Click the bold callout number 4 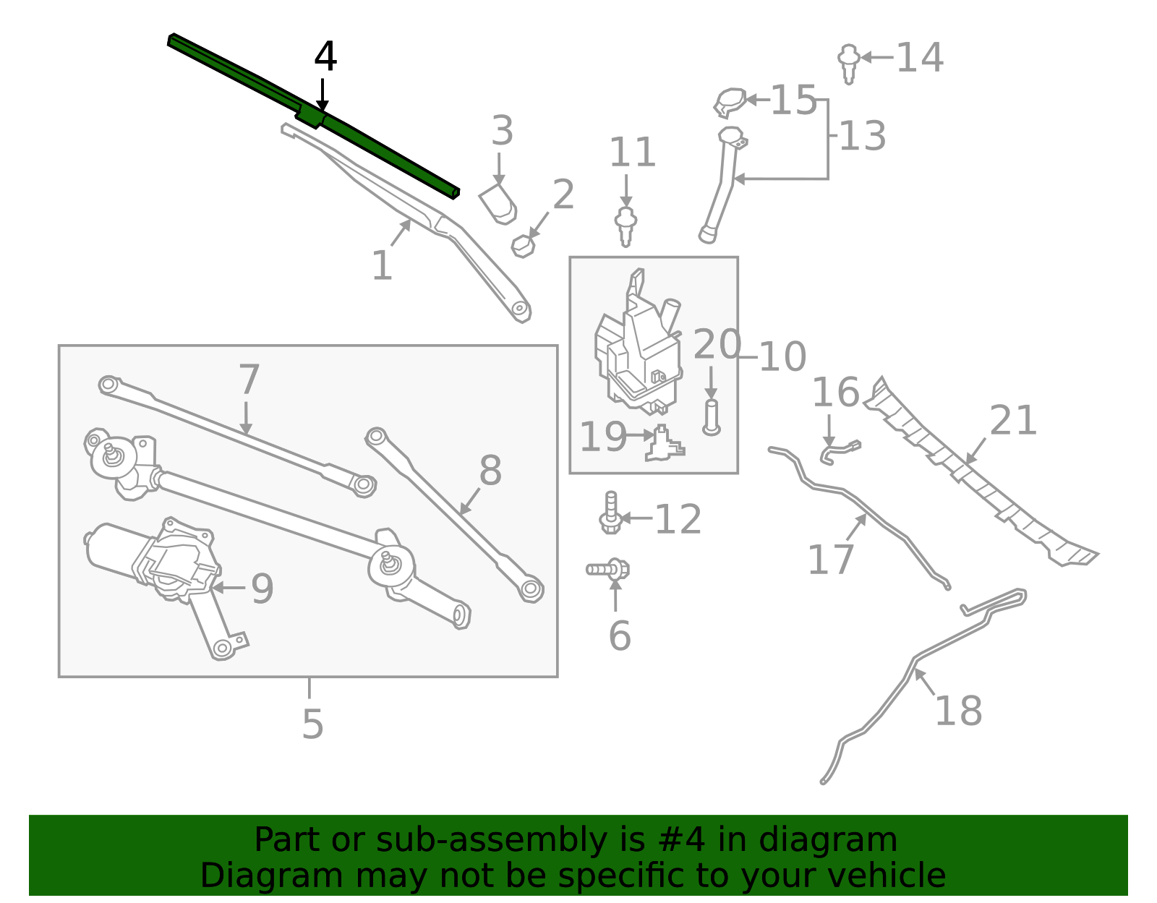[325, 57]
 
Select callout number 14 [919, 58]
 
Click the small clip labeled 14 [849, 62]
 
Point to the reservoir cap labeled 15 [730, 102]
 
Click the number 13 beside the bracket [862, 137]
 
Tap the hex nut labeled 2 [523, 246]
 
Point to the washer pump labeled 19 [664, 445]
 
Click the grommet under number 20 [711, 418]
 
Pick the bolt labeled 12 [610, 515]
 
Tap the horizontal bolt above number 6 [607, 570]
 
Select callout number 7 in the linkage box [249, 380]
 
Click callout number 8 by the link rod [490, 471]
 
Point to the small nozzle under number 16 [839, 451]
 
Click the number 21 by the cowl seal [1012, 421]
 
